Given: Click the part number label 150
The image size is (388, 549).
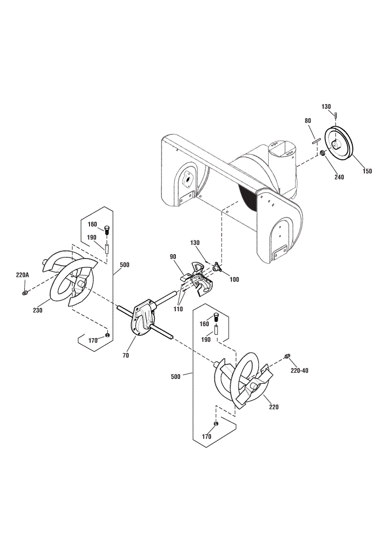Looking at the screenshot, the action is pos(367,171).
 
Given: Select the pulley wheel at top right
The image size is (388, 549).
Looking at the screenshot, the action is pos(339,144).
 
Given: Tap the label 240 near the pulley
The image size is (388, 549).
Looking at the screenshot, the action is pos(339,177).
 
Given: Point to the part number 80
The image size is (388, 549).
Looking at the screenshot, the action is pos(307,121).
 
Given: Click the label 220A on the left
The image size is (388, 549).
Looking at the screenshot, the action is pos(22,275).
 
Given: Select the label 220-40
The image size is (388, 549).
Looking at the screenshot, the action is pos(300,371).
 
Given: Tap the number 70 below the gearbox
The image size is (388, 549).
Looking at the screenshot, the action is pos(126,355).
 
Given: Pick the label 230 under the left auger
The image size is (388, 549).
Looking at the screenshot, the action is pos(37,310).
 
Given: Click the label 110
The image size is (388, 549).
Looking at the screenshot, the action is pos(178,309).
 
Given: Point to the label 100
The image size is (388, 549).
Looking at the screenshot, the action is pos(234,279).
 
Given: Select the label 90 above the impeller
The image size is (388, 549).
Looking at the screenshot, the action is pos(173,256).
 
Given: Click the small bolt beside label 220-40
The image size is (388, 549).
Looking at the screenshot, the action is pos(287,356).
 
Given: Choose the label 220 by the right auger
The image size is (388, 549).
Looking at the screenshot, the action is pos(274,407).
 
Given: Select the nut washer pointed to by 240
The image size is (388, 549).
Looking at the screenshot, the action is pos(322,153).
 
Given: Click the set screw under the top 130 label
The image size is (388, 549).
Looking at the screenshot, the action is pos(336,115).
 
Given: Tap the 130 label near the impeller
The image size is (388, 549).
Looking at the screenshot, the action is pos(195,243).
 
